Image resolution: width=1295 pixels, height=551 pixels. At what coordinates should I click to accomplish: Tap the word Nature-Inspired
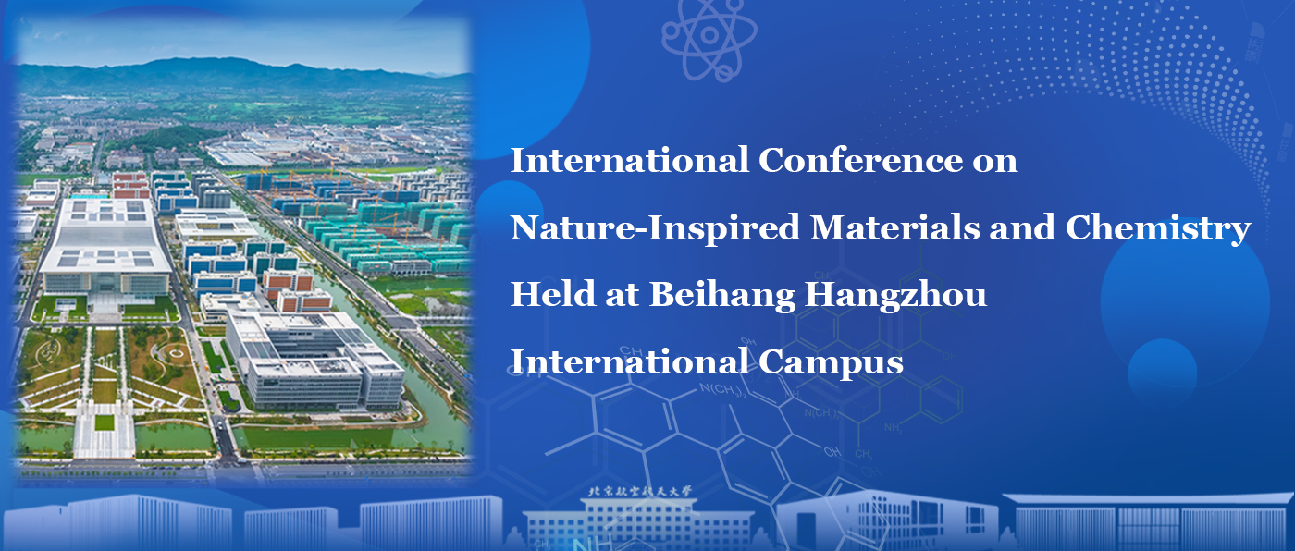coord(655,228)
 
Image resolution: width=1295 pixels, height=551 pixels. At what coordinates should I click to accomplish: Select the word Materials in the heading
coord(895,227)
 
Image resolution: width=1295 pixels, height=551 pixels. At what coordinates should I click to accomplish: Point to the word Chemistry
coord(1158,228)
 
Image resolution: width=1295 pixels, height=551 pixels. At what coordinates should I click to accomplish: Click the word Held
coord(553,294)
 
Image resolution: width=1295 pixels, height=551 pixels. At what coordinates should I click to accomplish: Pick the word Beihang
coord(722,296)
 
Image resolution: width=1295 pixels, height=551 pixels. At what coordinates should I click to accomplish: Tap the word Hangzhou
coord(896,296)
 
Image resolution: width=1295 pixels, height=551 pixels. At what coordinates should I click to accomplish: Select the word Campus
coord(831,363)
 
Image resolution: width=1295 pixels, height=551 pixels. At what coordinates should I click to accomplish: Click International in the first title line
coord(630,160)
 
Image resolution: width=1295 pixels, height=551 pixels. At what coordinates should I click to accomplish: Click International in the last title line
coord(630,362)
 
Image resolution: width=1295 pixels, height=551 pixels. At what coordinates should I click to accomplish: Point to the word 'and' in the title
coord(1022,227)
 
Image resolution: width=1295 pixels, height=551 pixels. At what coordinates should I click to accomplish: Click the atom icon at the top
coord(709,37)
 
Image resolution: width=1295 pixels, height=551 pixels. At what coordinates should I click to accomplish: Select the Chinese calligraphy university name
coord(640,492)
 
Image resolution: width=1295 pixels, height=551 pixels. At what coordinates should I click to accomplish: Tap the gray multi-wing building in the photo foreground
coord(315,360)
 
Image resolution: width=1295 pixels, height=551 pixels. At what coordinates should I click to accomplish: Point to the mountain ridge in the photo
coord(242,73)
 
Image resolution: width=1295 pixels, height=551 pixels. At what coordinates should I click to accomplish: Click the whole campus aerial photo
coord(242,250)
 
